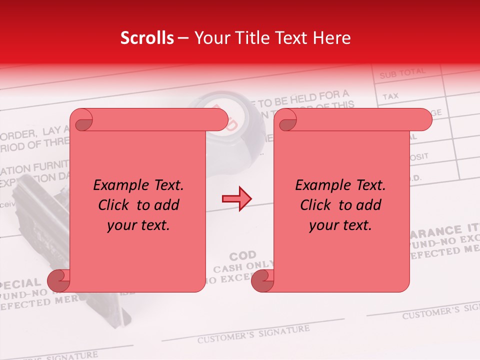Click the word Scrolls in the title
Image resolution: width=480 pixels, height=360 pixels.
coord(147,38)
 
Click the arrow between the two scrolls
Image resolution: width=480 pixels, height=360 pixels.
coord(236,198)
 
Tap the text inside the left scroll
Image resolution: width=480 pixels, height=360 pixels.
coord(138,205)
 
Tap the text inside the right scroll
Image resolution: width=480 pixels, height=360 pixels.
coord(340,205)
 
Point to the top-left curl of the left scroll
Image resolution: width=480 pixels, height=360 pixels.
coord(81,120)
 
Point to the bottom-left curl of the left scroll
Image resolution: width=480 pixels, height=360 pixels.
coord(61,281)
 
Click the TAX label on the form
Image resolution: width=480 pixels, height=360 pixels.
coord(390,95)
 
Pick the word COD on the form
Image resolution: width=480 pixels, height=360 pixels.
coord(243,256)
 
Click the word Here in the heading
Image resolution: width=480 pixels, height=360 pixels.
coord(333,38)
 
